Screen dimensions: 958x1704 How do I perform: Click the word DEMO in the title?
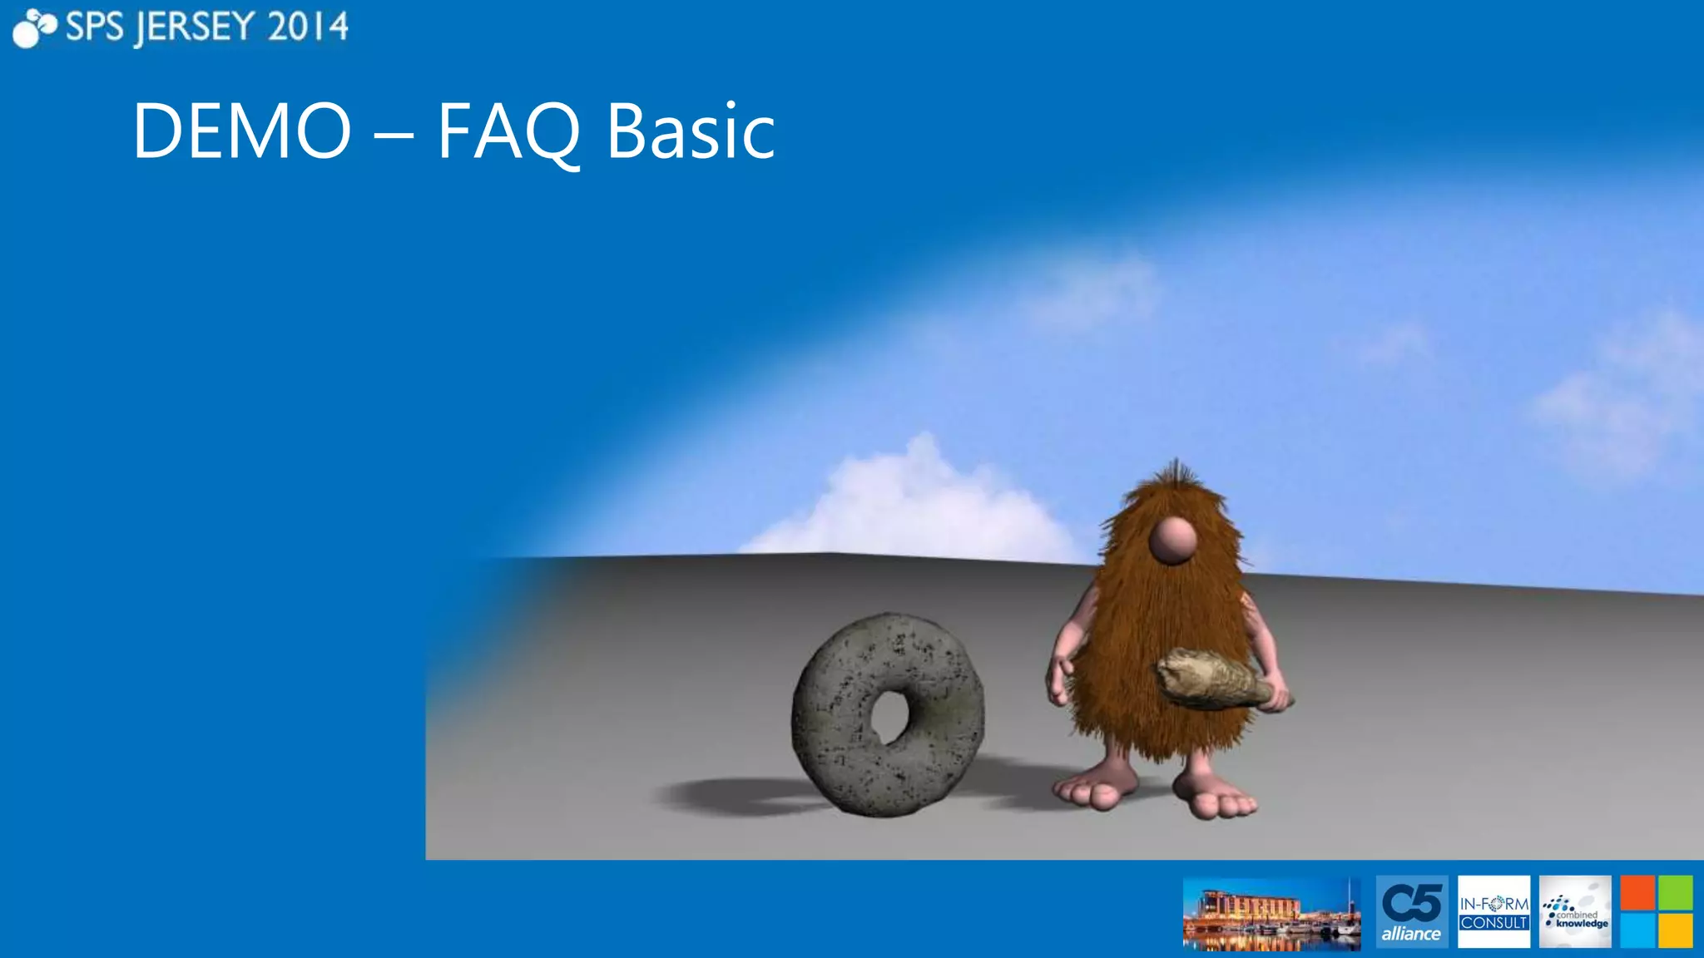click(241, 131)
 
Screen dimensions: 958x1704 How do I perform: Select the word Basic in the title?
click(691, 131)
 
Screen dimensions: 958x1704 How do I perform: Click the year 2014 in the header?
click(308, 27)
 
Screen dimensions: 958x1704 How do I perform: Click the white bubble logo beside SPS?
click(33, 27)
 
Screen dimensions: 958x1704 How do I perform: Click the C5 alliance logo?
click(1411, 911)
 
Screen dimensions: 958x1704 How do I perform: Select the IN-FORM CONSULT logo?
click(1493, 911)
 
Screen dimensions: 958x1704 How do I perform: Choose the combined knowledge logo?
click(1574, 911)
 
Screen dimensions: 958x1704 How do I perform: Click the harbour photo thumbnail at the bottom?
click(1271, 914)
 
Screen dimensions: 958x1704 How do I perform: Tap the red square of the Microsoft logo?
click(1637, 893)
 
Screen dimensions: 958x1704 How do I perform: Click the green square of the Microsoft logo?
click(1675, 893)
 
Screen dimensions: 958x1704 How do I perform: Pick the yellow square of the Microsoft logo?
click(1675, 931)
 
